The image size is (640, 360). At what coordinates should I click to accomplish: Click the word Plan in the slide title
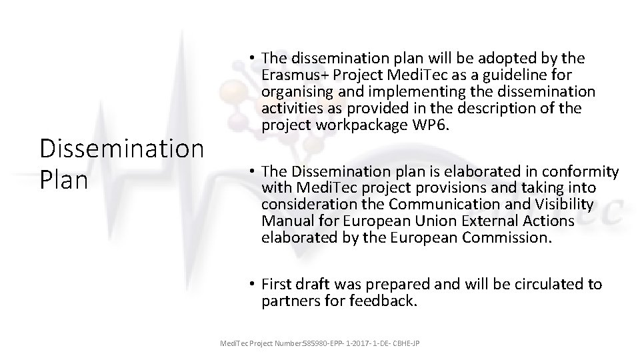(x=64, y=180)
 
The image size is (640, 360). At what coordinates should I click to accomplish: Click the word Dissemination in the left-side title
(x=122, y=149)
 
